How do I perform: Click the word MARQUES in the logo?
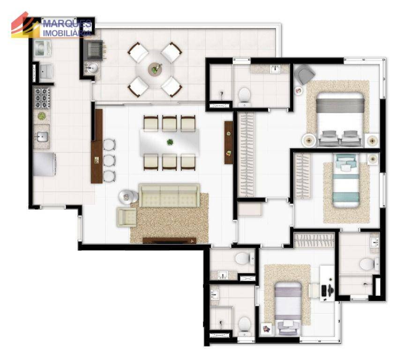(x=67, y=24)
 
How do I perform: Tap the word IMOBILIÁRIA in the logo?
(x=67, y=33)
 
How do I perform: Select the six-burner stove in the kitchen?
(x=42, y=97)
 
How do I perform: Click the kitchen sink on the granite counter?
(x=41, y=137)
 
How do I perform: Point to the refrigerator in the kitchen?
(x=44, y=164)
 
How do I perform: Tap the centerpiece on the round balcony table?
(x=155, y=69)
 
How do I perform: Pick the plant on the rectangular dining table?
(x=170, y=142)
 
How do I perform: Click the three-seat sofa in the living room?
(x=169, y=195)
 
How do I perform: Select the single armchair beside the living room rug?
(x=127, y=217)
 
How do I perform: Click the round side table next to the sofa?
(x=127, y=197)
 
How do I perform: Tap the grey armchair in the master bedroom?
(x=304, y=74)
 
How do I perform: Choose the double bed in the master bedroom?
(x=340, y=120)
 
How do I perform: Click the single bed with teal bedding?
(x=346, y=180)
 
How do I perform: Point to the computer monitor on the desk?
(x=323, y=290)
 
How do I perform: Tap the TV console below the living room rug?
(x=169, y=240)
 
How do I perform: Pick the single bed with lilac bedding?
(x=288, y=308)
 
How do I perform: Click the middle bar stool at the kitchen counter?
(x=110, y=160)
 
